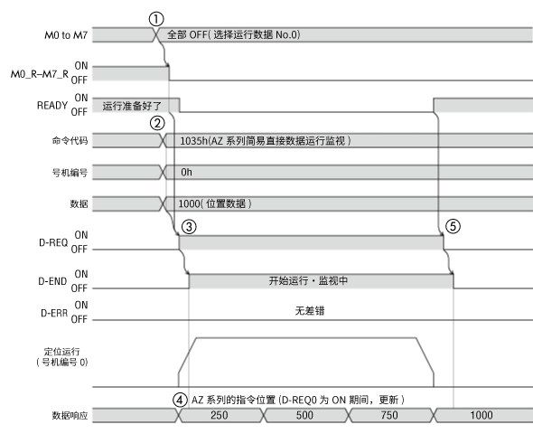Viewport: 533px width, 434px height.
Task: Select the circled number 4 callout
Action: pos(179,398)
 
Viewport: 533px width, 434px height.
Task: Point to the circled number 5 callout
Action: pos(453,227)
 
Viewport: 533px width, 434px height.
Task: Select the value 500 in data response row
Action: pos(305,415)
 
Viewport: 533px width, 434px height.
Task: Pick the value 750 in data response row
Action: pos(389,415)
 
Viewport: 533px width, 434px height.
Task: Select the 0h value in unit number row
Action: pos(186,171)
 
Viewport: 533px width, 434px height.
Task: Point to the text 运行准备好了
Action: pos(132,105)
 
